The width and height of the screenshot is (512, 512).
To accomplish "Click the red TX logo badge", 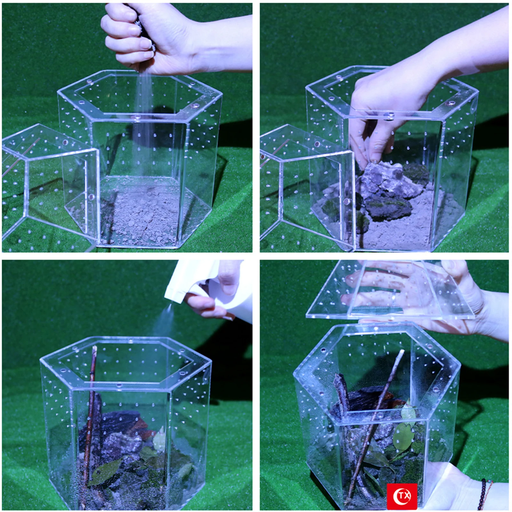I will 402,496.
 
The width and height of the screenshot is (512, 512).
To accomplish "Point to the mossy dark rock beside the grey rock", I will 387,208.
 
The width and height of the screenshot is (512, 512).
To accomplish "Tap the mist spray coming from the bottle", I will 163,320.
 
